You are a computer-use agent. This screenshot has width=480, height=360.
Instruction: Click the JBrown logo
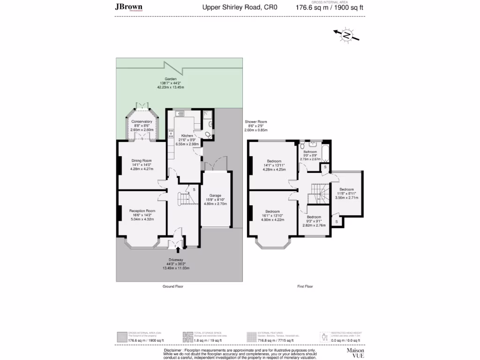(x=128, y=7)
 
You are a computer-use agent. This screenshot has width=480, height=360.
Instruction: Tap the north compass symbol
(x=346, y=36)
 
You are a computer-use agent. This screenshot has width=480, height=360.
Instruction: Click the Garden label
(x=170, y=79)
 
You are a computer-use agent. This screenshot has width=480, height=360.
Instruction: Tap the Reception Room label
(x=142, y=211)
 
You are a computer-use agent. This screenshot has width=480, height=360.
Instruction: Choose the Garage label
(x=215, y=195)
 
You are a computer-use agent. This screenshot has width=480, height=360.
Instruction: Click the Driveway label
(x=177, y=260)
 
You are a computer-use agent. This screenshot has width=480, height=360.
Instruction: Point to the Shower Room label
(x=255, y=122)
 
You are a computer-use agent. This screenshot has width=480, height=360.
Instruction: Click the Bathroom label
(x=310, y=151)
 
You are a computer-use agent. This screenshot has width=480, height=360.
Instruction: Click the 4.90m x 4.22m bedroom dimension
(x=272, y=219)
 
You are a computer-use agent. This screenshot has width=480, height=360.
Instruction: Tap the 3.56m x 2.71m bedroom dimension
(x=346, y=197)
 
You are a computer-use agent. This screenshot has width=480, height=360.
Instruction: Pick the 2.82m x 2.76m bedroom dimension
(x=316, y=225)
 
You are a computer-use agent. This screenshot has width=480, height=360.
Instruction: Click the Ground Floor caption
(x=172, y=286)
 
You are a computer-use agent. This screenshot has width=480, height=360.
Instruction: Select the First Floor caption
(x=305, y=286)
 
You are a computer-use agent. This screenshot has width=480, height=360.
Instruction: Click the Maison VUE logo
(x=355, y=352)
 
